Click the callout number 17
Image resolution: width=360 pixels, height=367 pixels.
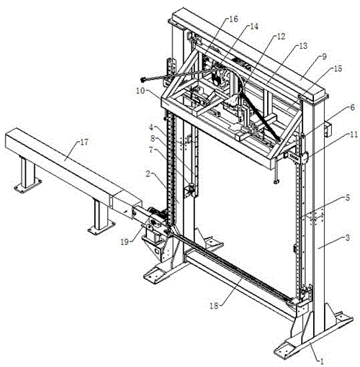[84, 142]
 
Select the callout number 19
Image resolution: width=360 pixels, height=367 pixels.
[125, 242]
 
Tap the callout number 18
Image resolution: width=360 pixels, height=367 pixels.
[215, 306]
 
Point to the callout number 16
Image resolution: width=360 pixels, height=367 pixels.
[233, 19]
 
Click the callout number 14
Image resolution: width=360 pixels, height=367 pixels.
[254, 26]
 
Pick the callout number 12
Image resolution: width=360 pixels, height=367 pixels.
[281, 36]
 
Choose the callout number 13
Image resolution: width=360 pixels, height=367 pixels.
[303, 45]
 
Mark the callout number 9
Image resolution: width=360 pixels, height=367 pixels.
[324, 57]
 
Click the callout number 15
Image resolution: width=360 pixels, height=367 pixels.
[338, 69]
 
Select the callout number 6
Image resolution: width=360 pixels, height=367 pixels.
[352, 107]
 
